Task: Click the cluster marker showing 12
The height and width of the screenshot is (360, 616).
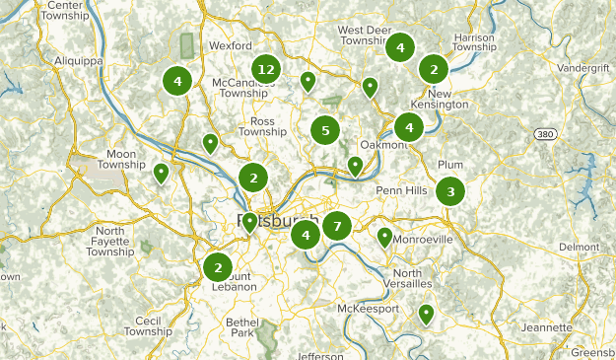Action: [264, 69]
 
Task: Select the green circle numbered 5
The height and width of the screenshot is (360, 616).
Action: [324, 129]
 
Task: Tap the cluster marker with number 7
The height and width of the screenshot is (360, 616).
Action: [336, 227]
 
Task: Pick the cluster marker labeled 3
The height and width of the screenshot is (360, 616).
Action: [450, 191]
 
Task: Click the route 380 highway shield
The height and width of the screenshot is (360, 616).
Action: [545, 133]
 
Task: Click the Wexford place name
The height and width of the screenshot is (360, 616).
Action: [231, 45]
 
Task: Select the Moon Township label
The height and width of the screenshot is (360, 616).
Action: [122, 161]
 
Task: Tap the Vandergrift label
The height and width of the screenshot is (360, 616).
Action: [582, 68]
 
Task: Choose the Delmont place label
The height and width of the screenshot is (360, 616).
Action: [579, 247]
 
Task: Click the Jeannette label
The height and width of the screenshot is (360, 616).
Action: [549, 327]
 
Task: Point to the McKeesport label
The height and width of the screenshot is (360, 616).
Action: [369, 309]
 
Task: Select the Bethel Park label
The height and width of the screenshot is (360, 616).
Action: [242, 327]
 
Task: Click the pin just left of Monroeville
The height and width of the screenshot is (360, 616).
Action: [384, 237]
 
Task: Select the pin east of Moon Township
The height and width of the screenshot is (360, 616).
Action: [162, 174]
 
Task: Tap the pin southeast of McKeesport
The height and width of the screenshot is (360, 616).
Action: [426, 315]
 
